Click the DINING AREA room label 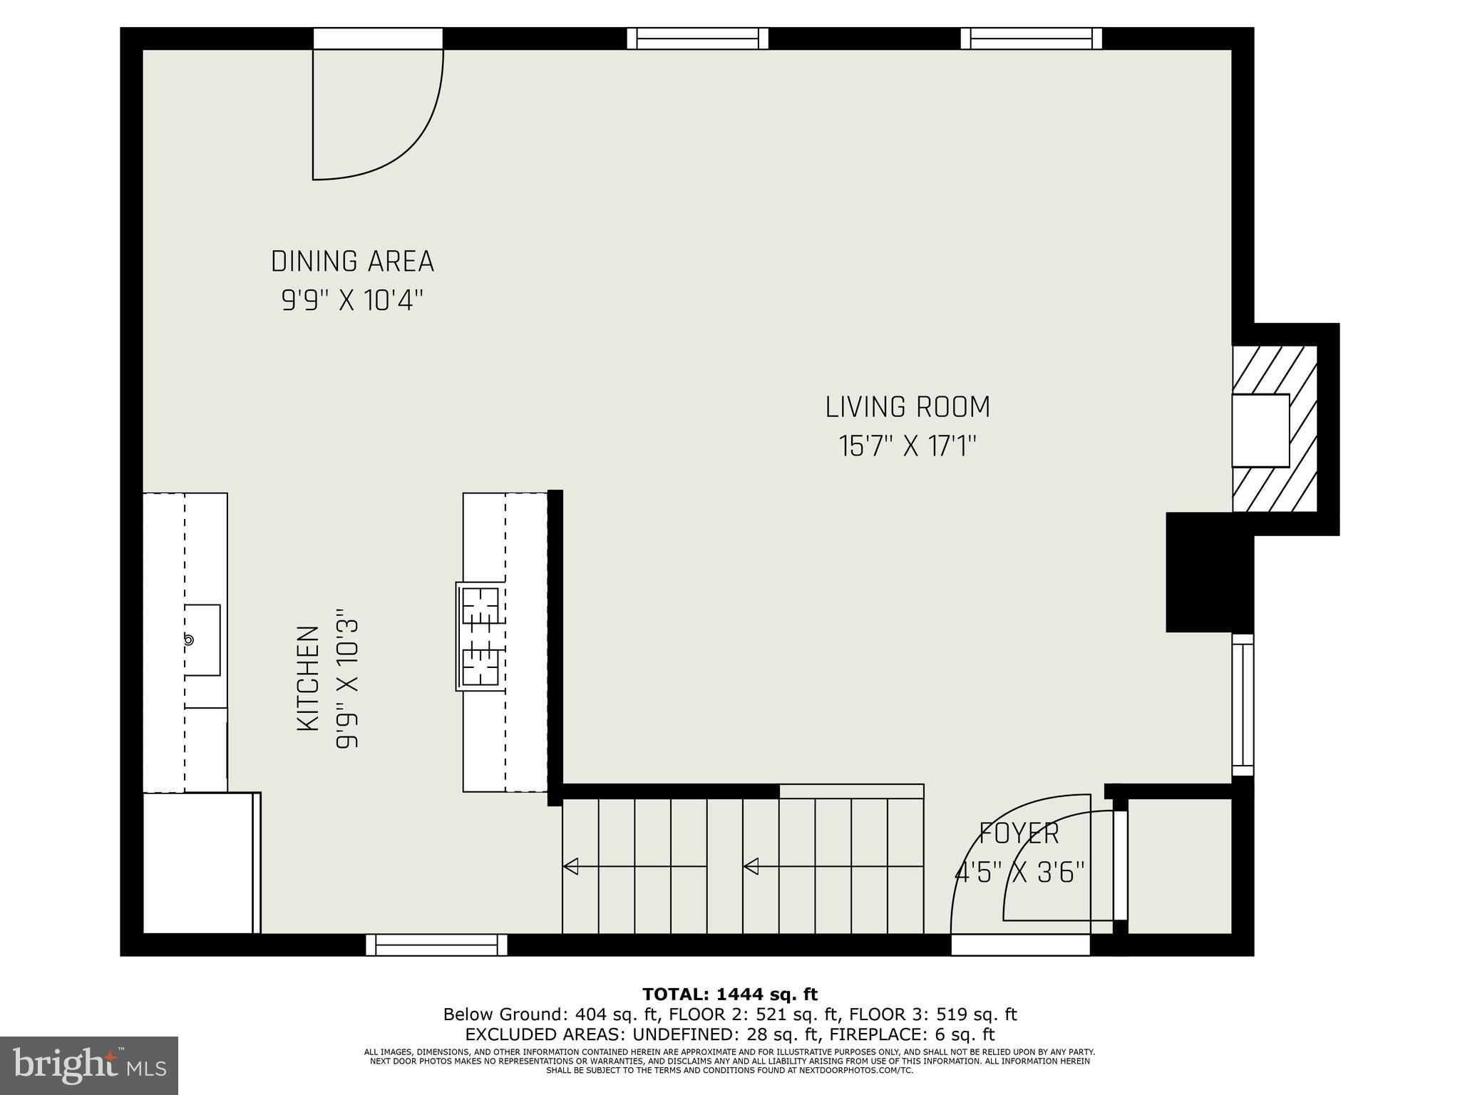point(352,262)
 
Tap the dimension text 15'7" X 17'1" point(907,447)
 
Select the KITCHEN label point(307,678)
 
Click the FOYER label point(1019,833)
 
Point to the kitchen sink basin point(202,639)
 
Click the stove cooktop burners point(480,636)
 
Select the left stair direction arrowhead point(570,867)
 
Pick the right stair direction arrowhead point(751,867)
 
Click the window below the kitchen point(436,945)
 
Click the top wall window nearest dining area point(697,38)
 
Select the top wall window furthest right point(1031,38)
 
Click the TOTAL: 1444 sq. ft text point(730,994)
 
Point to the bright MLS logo point(88,1065)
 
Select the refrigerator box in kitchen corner point(200,863)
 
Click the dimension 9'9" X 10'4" point(352,301)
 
